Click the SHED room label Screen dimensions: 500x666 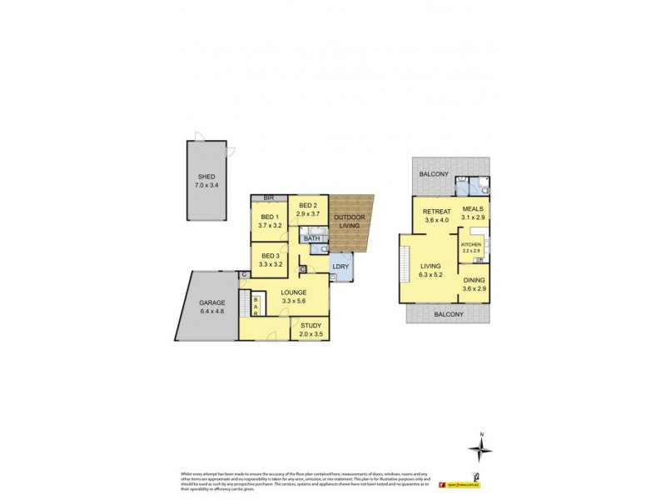tap(207, 176)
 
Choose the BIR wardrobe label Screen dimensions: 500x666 tap(269, 197)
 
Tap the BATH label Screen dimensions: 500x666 tap(312, 238)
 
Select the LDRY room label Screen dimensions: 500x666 tap(340, 267)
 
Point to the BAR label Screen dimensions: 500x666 tap(255, 307)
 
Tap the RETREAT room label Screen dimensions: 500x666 tap(436, 211)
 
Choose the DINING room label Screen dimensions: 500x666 tap(475, 281)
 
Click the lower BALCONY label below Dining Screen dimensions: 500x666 tap(447, 315)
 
